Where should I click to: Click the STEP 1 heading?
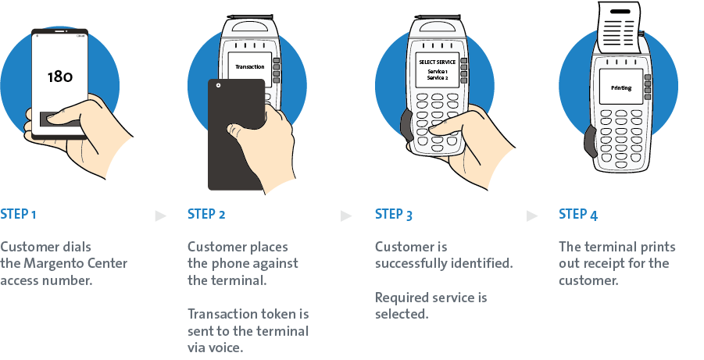point(18,214)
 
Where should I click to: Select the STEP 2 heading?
point(206,214)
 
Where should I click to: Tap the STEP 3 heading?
point(394,214)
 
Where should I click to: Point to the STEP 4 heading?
point(578,214)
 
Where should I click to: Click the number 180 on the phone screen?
point(60,77)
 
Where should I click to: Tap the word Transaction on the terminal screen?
point(250,66)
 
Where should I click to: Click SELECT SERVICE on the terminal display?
point(437,62)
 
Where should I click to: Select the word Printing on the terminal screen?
point(621,88)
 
